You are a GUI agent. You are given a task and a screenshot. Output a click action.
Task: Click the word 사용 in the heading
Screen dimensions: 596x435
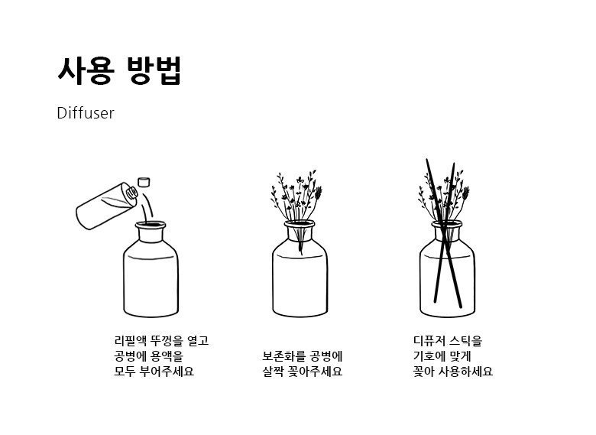click(86, 70)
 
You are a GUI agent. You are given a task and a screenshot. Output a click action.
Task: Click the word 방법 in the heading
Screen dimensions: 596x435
click(154, 70)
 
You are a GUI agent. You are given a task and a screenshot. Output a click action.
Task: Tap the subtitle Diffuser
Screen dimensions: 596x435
click(86, 113)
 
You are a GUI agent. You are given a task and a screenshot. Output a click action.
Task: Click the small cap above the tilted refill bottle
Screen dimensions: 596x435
click(144, 182)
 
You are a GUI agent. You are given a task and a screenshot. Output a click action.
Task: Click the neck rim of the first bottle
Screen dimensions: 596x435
click(151, 225)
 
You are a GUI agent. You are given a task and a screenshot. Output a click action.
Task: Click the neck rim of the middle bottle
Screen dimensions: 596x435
click(300, 225)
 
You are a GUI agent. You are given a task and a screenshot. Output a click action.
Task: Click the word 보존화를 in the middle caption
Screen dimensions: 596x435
click(284, 356)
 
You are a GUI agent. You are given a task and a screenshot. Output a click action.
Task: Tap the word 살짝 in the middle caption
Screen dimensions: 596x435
click(274, 371)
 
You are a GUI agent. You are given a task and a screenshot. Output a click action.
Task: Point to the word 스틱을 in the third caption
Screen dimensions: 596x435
click(465, 341)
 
